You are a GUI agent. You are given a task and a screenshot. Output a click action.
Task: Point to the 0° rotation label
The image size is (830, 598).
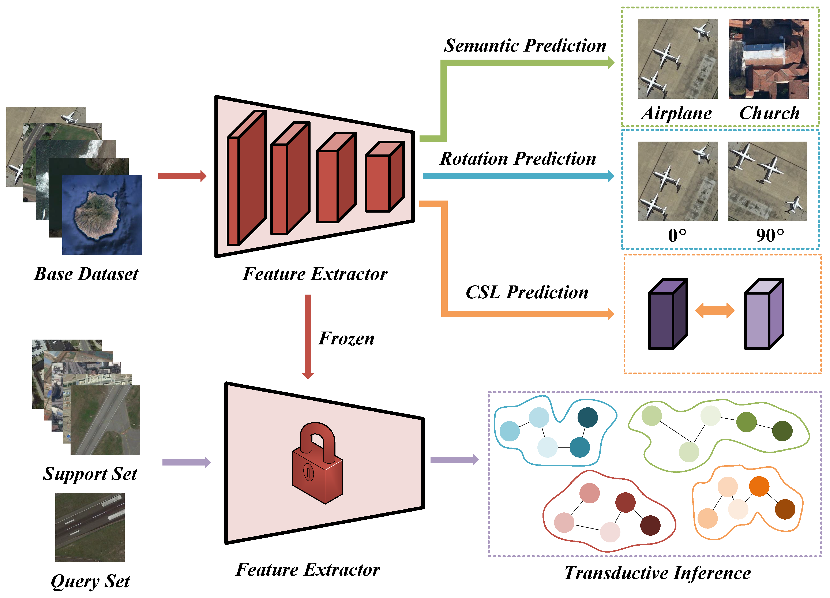click(677, 235)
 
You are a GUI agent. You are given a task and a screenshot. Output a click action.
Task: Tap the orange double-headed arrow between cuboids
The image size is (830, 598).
click(714, 311)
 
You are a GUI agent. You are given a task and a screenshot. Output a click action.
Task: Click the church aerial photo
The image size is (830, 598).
click(769, 59)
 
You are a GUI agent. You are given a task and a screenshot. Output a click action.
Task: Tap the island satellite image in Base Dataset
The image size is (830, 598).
click(102, 215)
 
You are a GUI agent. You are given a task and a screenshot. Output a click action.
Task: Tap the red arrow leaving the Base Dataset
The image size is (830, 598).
click(182, 176)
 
